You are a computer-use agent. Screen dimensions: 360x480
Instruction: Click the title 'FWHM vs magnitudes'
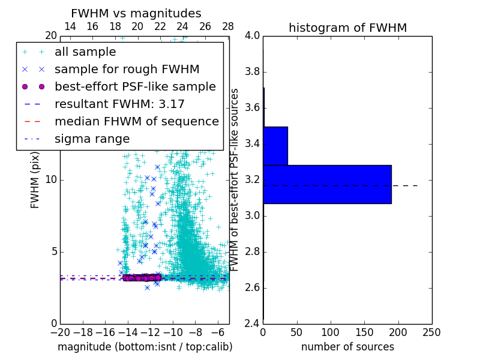[136, 14]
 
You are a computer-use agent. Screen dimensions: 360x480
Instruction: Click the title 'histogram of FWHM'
[347, 28]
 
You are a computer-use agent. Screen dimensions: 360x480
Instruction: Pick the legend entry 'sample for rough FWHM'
[127, 70]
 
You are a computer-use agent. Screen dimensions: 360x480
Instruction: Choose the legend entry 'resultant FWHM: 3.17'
[119, 104]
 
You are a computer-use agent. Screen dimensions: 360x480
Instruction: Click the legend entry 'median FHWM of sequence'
[137, 122]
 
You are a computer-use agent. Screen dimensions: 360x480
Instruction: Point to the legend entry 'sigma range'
[92, 139]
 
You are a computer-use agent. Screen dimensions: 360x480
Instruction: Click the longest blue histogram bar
[327, 184]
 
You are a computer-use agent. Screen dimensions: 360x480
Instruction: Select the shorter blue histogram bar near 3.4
[275, 146]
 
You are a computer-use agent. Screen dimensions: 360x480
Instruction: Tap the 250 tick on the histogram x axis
[431, 331]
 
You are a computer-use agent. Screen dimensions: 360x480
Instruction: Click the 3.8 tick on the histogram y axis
[252, 72]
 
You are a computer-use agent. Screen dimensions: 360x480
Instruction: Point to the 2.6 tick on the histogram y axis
[252, 288]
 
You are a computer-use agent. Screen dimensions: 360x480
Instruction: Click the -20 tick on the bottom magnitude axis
[60, 331]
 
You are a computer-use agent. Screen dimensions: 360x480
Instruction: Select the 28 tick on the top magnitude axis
[228, 27]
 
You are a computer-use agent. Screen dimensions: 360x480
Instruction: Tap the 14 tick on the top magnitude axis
[70, 27]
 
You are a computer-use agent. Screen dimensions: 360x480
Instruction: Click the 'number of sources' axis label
[347, 347]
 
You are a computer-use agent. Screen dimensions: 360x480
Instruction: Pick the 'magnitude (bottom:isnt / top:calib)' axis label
[145, 347]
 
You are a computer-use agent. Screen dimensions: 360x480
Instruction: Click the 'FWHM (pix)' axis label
[35, 180]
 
